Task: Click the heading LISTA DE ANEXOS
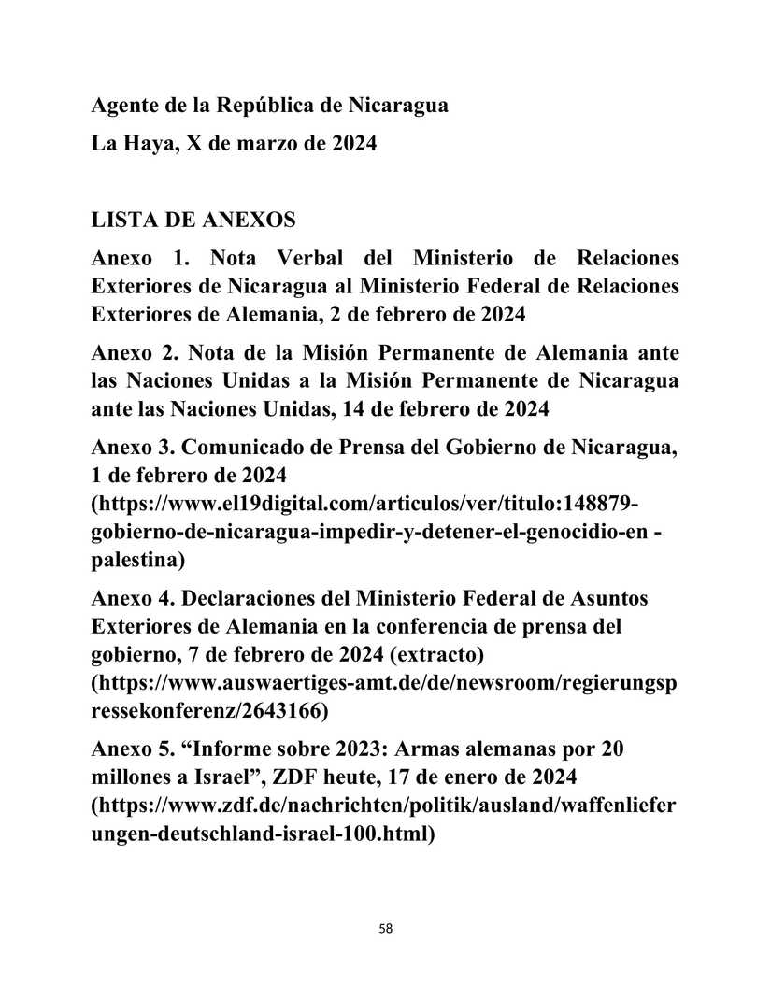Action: pos(193,221)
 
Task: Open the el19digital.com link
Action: pos(364,505)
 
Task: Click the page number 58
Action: pos(386,929)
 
